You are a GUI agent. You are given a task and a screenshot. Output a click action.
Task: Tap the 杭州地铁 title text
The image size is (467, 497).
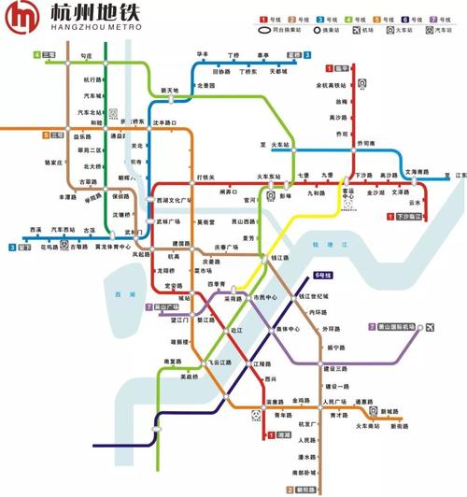pyautogui.click(x=80, y=15)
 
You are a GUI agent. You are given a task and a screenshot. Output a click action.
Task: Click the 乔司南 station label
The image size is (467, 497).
pyautogui.click(x=364, y=144)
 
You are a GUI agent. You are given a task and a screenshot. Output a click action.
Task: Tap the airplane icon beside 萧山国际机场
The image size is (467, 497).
pyautogui.click(x=431, y=327)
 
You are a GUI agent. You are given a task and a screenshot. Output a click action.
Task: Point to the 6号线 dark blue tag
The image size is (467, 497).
pyautogui.click(x=322, y=276)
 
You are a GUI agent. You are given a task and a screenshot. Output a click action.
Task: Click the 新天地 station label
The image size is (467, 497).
pyautogui.click(x=169, y=91)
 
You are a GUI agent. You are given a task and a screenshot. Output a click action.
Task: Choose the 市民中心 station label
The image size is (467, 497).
pyautogui.click(x=265, y=298)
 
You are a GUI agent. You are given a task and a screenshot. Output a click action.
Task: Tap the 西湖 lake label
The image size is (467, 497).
pyautogui.click(x=114, y=295)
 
